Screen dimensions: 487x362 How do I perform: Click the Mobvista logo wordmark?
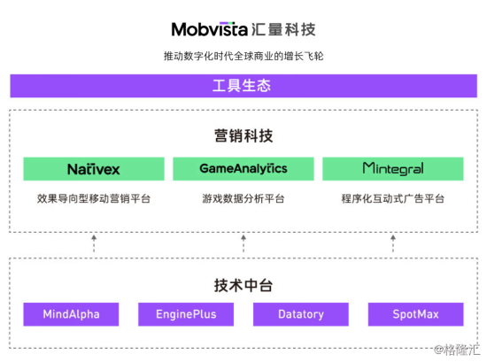(x=210, y=29)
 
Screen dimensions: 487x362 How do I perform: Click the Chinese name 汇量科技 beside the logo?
(x=283, y=29)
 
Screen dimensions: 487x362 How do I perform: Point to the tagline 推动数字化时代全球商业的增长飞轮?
(x=243, y=56)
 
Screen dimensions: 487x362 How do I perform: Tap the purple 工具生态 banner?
(x=243, y=86)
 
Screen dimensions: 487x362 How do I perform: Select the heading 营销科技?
(x=243, y=135)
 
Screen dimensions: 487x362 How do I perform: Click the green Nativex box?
(x=94, y=169)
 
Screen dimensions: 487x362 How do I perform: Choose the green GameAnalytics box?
(x=243, y=169)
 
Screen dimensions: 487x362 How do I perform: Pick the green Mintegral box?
(x=393, y=169)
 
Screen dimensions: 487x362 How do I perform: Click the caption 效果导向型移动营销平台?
(x=94, y=198)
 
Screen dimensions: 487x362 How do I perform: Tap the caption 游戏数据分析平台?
(x=243, y=198)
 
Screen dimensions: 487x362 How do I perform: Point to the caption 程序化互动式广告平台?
(x=393, y=198)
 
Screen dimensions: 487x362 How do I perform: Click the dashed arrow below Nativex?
(x=94, y=243)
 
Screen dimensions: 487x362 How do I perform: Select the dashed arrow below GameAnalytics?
(x=243, y=243)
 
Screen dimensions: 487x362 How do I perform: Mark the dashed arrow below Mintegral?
(x=393, y=243)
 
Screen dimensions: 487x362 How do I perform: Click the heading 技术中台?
(x=243, y=285)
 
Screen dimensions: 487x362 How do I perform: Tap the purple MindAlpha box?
(x=71, y=314)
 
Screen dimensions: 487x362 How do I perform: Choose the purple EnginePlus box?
(x=186, y=314)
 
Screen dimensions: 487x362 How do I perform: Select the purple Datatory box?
(x=301, y=314)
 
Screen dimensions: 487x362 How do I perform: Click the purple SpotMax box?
(x=416, y=314)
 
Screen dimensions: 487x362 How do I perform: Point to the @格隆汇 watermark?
(x=457, y=350)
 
